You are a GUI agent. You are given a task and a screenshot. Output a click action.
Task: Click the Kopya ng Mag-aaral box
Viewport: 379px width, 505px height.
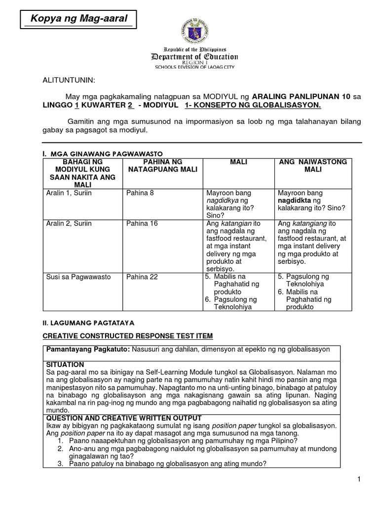point(79,20)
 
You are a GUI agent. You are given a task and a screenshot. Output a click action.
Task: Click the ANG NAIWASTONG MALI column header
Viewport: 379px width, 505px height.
point(313,166)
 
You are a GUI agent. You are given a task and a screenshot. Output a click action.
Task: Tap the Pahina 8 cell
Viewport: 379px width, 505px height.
point(140,193)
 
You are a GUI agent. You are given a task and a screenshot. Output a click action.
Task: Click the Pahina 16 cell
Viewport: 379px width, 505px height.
point(142,223)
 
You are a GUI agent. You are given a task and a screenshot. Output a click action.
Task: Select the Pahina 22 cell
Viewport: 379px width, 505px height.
point(142,277)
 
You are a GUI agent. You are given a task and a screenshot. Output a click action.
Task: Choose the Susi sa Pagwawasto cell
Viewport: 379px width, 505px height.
point(76,277)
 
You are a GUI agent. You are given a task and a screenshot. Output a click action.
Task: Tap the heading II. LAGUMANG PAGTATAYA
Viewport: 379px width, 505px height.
point(88,322)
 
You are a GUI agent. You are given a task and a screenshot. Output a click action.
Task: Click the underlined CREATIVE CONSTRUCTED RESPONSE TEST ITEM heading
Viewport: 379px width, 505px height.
point(127,336)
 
